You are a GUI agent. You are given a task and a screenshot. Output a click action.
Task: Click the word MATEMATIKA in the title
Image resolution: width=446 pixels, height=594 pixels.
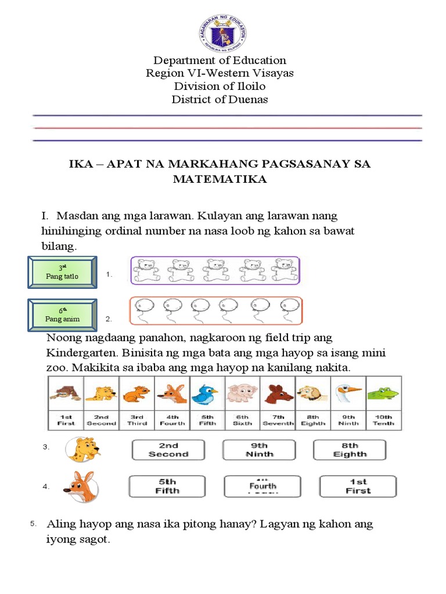pyautogui.click(x=220, y=179)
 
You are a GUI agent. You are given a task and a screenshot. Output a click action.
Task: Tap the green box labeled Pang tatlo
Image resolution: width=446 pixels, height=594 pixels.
pyautogui.click(x=62, y=272)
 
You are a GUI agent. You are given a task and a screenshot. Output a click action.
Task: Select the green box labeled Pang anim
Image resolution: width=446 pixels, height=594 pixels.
pyautogui.click(x=62, y=315)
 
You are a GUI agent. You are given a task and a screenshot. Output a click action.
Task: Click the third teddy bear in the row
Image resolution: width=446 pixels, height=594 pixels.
pyautogui.click(x=215, y=270)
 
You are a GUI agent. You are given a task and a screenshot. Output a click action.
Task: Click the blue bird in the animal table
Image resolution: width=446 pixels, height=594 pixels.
pyautogui.click(x=207, y=394)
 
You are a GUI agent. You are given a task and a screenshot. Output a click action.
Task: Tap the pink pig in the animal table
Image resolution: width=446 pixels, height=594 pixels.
pyautogui.click(x=242, y=394)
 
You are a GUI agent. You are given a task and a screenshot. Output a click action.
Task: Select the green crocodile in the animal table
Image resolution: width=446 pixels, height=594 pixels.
pyautogui.click(x=383, y=394)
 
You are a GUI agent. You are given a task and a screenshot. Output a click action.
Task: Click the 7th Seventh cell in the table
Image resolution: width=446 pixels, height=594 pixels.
pyautogui.click(x=278, y=420)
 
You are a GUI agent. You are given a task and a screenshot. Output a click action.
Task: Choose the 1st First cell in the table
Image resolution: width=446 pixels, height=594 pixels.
pyautogui.click(x=66, y=420)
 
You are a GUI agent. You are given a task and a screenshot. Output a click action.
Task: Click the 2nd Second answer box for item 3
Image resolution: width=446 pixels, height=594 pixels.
pyautogui.click(x=168, y=450)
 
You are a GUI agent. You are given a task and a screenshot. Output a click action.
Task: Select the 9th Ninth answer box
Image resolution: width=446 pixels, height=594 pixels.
pyautogui.click(x=259, y=450)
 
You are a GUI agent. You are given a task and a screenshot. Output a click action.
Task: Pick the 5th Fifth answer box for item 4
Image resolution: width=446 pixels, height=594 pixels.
pyautogui.click(x=164, y=486)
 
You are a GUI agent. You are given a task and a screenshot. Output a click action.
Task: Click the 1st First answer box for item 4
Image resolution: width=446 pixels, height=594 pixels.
pyautogui.click(x=358, y=486)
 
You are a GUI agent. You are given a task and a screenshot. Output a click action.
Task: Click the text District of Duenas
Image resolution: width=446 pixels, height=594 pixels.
pyautogui.click(x=220, y=99)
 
